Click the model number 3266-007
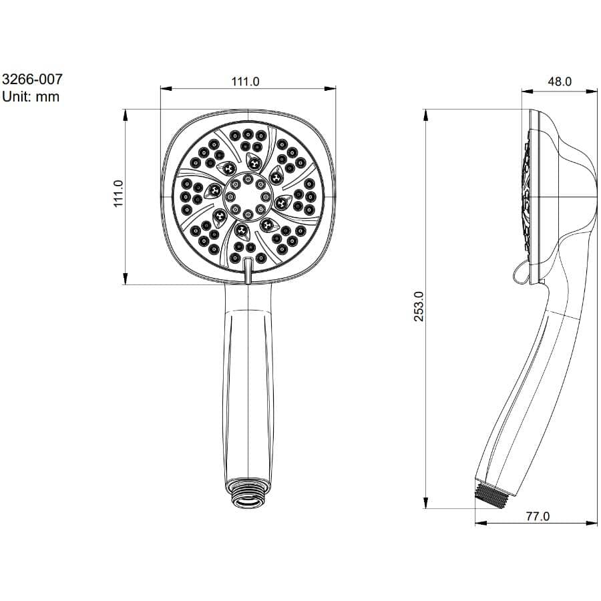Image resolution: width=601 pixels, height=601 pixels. click(33, 79)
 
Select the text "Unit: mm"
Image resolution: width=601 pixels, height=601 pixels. click(31, 97)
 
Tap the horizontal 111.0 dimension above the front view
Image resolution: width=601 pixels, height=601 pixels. click(245, 81)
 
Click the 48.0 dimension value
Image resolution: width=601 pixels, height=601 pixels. click(559, 81)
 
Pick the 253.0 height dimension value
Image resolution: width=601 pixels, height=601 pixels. click(419, 306)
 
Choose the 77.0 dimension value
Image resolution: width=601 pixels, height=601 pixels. click(537, 516)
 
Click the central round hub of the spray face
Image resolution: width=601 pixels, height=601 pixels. click(248, 196)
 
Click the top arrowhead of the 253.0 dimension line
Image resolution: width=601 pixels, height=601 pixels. click(425, 114)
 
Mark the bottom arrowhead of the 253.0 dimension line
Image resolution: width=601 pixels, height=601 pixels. click(425, 504)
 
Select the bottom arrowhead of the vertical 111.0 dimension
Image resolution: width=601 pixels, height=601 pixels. click(126, 280)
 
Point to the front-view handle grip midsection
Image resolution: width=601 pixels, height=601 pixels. click(248, 387)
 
